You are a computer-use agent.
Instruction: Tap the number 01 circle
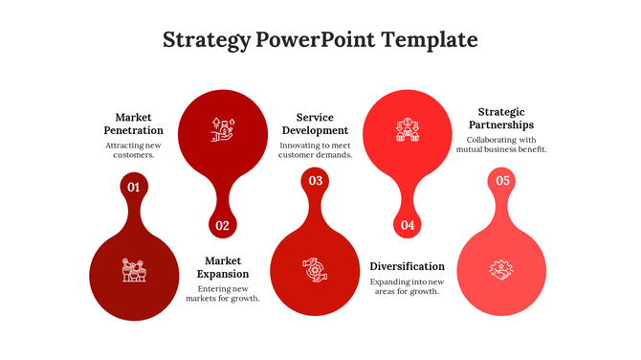(x=133, y=187)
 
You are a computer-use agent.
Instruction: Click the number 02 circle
(x=223, y=226)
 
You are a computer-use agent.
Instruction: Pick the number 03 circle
(x=315, y=181)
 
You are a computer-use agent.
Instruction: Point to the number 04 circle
(x=408, y=226)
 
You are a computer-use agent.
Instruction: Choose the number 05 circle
(x=502, y=181)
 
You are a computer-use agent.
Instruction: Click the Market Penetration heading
(x=133, y=124)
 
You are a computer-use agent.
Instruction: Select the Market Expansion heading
(x=223, y=267)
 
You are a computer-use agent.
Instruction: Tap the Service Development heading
(x=315, y=124)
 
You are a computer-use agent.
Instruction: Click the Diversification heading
(x=408, y=266)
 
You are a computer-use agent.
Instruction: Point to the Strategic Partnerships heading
(x=502, y=118)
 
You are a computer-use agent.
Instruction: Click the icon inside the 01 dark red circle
(x=133, y=270)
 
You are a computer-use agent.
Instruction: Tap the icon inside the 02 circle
(x=223, y=129)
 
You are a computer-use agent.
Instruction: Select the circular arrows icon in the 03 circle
(x=315, y=270)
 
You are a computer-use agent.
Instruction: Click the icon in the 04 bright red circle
(x=408, y=129)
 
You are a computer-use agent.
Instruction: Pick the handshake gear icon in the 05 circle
(x=502, y=270)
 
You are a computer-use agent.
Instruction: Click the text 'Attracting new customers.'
(x=133, y=149)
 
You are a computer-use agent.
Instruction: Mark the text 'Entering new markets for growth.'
(x=223, y=293)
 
